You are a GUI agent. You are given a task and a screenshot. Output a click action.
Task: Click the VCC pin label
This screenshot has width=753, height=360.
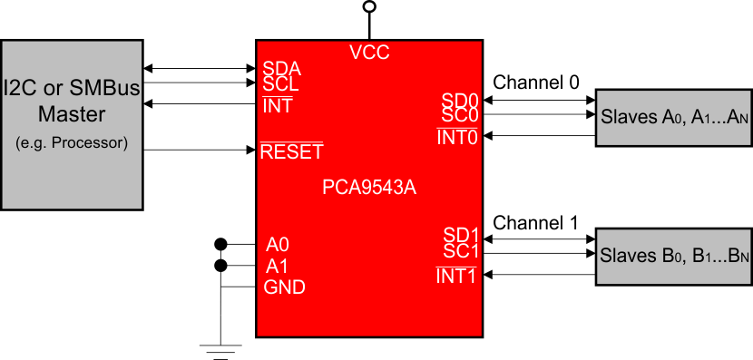click(369, 53)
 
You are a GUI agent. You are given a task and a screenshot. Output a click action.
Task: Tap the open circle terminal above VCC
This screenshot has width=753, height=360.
click(368, 7)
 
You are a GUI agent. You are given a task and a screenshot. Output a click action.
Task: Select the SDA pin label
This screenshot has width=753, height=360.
click(281, 68)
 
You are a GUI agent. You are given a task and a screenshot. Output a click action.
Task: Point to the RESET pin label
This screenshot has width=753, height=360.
click(291, 151)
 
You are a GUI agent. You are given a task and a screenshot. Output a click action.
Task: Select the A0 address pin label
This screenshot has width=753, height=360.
click(278, 245)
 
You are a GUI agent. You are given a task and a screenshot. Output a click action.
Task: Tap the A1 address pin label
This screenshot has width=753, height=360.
click(278, 266)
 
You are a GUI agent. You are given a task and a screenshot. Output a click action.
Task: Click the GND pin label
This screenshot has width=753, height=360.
click(285, 287)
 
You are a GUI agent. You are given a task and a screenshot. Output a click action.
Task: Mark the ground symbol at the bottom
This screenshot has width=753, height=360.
click(220, 350)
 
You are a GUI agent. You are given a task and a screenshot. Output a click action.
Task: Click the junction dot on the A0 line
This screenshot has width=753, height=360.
click(220, 244)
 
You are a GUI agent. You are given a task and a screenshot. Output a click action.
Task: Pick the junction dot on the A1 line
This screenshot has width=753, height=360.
click(220, 266)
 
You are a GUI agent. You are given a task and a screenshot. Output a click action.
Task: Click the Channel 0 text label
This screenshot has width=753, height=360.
click(535, 83)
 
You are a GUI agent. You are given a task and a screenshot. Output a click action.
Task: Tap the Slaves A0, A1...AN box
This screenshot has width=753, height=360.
click(672, 117)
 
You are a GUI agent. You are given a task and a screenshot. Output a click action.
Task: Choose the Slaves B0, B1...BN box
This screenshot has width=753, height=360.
click(672, 256)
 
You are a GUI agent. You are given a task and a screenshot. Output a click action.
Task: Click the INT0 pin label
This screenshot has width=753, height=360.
click(457, 137)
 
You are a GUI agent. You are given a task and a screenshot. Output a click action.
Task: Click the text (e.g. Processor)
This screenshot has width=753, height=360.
click(72, 142)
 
